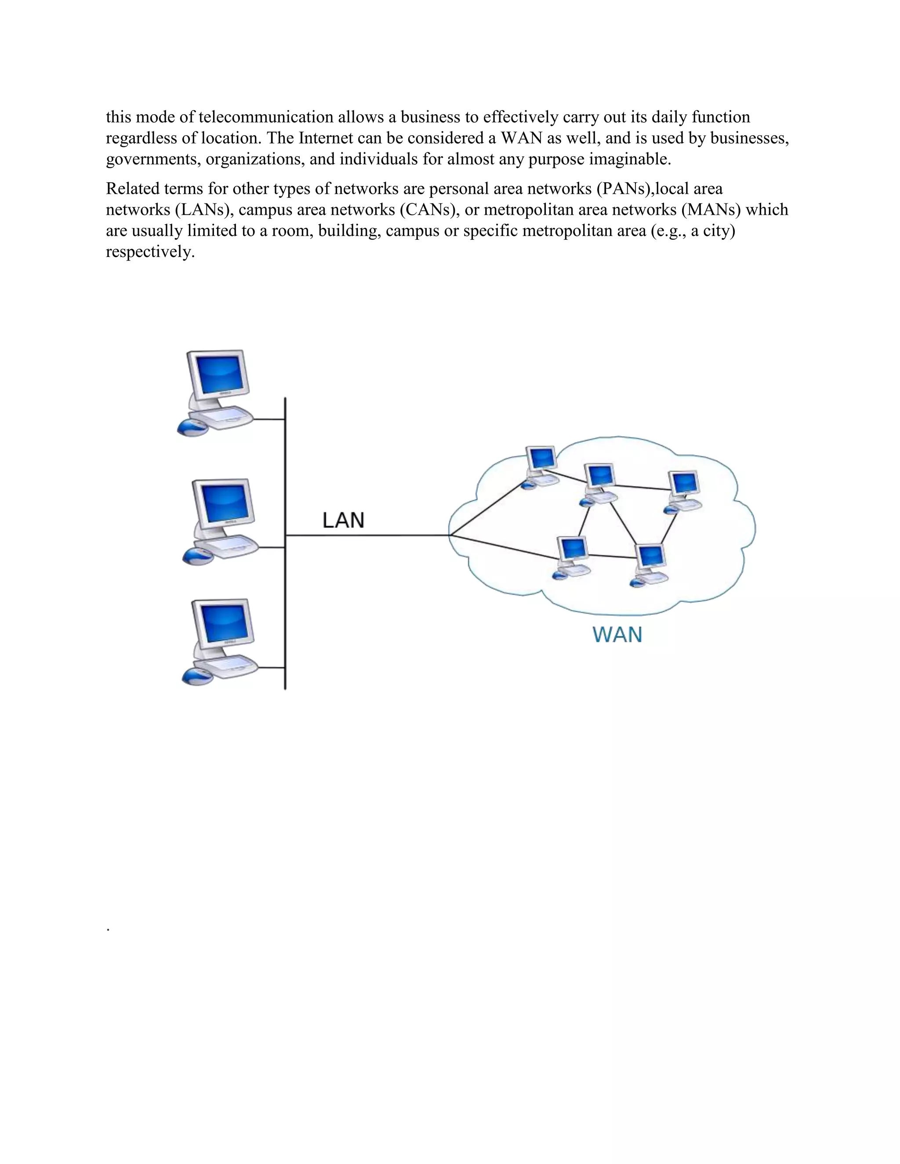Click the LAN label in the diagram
pyautogui.click(x=343, y=520)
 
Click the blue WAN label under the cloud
pyautogui.click(x=617, y=635)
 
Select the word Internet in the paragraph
pyautogui.click(x=325, y=138)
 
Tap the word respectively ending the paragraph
pyautogui.click(x=150, y=252)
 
